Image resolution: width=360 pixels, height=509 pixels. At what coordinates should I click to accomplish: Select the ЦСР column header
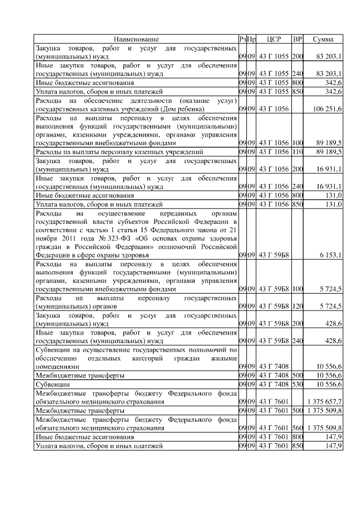(x=274, y=39)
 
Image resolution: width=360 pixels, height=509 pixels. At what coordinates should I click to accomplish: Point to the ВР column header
(x=298, y=39)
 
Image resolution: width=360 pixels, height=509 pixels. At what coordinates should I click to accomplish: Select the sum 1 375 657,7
(x=325, y=402)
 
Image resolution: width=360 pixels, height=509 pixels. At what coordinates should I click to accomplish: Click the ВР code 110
(x=298, y=152)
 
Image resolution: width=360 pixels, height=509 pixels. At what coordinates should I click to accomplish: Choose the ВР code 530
(x=298, y=384)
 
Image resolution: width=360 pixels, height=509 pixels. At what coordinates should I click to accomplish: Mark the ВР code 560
(x=298, y=428)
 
